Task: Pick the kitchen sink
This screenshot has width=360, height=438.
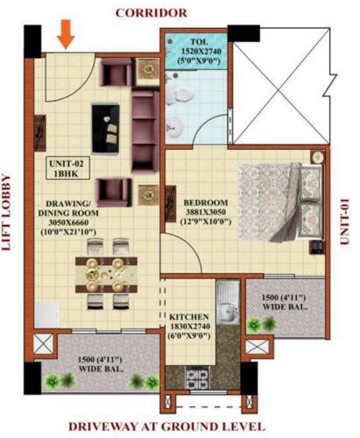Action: pyautogui.click(x=228, y=307)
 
